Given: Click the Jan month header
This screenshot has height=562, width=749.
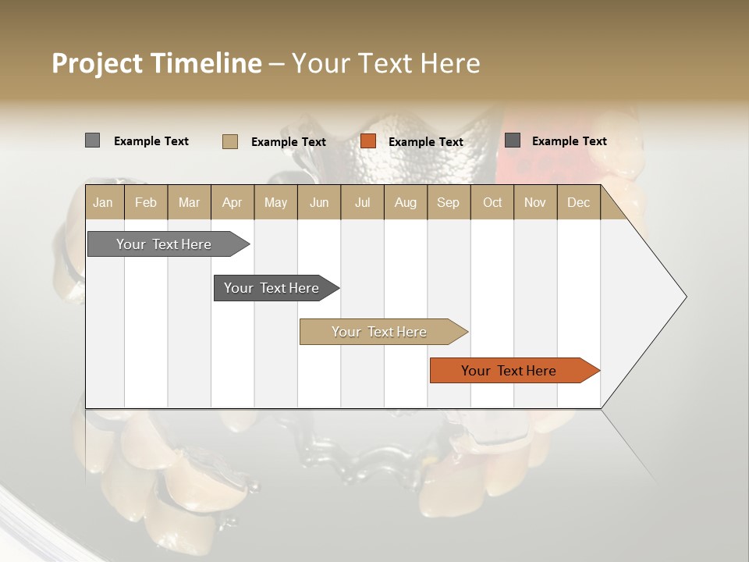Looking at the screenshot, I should pyautogui.click(x=103, y=202).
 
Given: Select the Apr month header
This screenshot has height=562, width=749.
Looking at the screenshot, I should pyautogui.click(x=232, y=202).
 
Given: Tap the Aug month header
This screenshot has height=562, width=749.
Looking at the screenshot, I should pyautogui.click(x=405, y=202).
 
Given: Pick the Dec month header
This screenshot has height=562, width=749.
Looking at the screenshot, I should pyautogui.click(x=578, y=202).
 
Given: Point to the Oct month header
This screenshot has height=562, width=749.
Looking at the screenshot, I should pyautogui.click(x=492, y=202).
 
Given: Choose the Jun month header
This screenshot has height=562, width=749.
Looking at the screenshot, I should pyautogui.click(x=319, y=202).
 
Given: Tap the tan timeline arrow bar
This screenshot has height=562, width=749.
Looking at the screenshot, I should pyautogui.click(x=380, y=332).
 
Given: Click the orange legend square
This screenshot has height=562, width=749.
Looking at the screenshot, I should pyautogui.click(x=368, y=141).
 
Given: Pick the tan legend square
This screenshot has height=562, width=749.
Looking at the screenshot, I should pyautogui.click(x=230, y=141).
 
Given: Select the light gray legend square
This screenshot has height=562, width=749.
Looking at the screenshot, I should pyautogui.click(x=92, y=140).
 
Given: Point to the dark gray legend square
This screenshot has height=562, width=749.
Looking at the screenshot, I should pyautogui.click(x=513, y=140).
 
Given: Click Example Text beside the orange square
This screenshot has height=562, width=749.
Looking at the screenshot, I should pyautogui.click(x=425, y=141).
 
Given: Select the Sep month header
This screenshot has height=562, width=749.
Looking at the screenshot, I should pyautogui.click(x=448, y=202).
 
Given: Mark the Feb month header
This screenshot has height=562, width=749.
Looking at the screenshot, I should pyautogui.click(x=146, y=202).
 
